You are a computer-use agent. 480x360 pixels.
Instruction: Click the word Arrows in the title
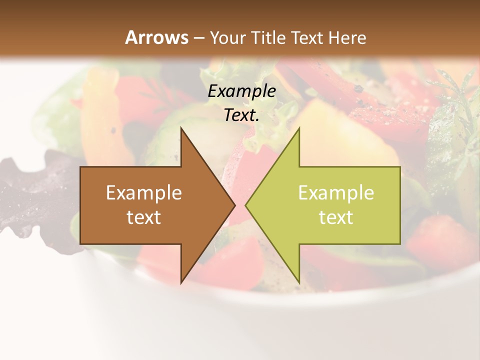156,37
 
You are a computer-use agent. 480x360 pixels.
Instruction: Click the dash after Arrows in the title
198,38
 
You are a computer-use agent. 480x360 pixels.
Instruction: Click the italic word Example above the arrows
241,91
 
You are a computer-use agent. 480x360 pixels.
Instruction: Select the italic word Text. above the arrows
241,115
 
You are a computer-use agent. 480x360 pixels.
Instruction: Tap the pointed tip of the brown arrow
234,205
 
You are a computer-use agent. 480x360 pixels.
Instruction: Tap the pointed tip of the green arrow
246,205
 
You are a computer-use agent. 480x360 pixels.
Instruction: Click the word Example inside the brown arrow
144,192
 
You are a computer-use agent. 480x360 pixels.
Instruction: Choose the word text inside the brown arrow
144,217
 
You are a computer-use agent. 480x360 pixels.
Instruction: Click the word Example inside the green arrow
336,192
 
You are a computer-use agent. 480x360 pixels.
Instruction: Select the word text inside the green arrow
336,217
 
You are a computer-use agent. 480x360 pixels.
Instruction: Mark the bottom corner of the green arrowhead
299,283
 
